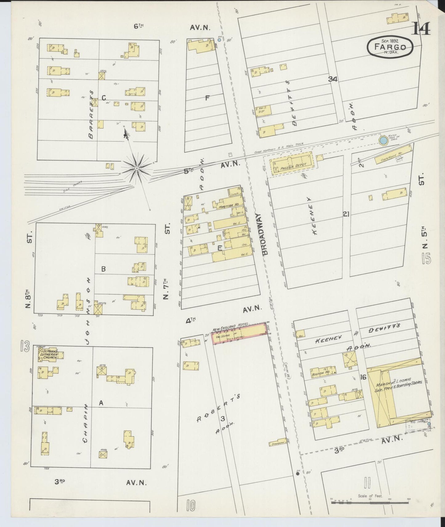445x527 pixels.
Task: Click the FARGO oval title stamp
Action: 390,47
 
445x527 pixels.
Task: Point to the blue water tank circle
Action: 383,141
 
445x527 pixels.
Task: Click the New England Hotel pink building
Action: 239,333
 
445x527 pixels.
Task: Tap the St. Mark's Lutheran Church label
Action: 49,354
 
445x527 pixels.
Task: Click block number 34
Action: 333,79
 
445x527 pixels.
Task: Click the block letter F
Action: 208,98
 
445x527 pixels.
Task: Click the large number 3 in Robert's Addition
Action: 223,419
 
